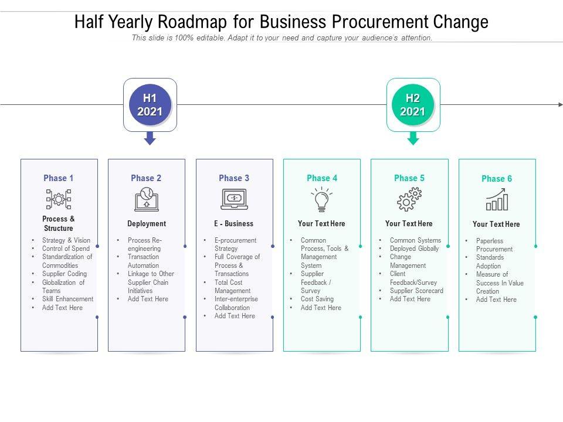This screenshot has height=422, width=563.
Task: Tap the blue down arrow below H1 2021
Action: (x=150, y=138)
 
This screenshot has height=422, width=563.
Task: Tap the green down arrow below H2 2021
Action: (x=413, y=138)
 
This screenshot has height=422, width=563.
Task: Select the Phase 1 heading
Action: (x=59, y=178)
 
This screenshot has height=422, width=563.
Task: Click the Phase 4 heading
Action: (x=322, y=178)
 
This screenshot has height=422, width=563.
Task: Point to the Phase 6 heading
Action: (x=497, y=179)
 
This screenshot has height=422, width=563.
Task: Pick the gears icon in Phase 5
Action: (x=409, y=200)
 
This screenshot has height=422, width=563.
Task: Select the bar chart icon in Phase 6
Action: (x=497, y=200)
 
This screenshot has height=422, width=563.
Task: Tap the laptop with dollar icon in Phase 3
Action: (x=234, y=199)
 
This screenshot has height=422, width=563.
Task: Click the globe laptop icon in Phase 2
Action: (x=147, y=199)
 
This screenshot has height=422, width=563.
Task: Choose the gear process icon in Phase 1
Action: (x=59, y=199)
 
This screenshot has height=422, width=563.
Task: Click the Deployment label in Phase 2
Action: (x=147, y=224)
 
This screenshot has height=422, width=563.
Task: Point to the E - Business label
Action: (x=234, y=224)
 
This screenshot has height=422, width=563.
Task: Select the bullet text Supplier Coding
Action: (x=65, y=274)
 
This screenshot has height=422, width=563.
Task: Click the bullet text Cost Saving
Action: (x=317, y=299)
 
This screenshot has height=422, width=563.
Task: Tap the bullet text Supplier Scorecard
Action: (x=416, y=291)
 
